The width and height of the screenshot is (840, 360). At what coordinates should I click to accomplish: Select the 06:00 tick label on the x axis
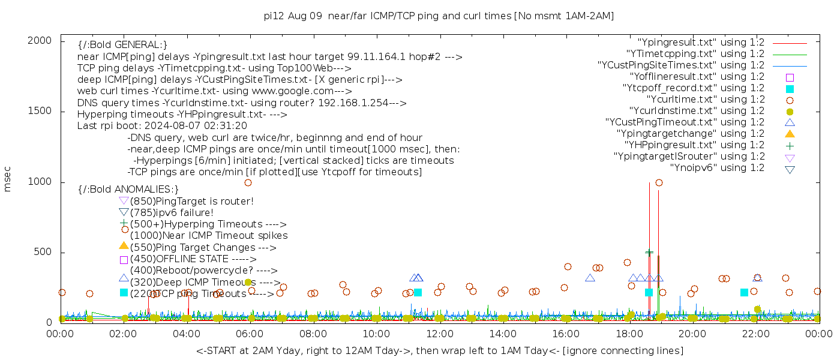click(x=250, y=334)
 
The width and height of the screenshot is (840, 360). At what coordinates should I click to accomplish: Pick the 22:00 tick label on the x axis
click(x=755, y=334)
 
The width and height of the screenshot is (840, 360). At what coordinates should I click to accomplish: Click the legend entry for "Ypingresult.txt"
click(x=701, y=43)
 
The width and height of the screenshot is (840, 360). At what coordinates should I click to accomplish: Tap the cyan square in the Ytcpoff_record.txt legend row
click(x=790, y=88)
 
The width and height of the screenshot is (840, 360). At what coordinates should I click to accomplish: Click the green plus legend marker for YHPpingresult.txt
click(x=790, y=145)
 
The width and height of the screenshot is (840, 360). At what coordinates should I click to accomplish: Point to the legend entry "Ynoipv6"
click(x=717, y=168)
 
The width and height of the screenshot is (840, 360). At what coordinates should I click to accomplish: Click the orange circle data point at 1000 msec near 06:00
click(x=248, y=182)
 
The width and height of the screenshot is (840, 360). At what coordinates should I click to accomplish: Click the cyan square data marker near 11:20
click(x=418, y=292)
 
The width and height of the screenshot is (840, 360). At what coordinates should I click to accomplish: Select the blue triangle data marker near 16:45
click(x=590, y=278)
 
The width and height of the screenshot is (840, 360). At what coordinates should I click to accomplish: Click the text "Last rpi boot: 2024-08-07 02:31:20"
click(x=162, y=126)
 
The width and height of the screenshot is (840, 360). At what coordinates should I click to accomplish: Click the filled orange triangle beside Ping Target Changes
click(x=124, y=245)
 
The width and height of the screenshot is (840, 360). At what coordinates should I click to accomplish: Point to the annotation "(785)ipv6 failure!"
click(x=172, y=213)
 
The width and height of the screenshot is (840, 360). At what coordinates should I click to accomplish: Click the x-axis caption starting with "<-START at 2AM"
click(x=439, y=350)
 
